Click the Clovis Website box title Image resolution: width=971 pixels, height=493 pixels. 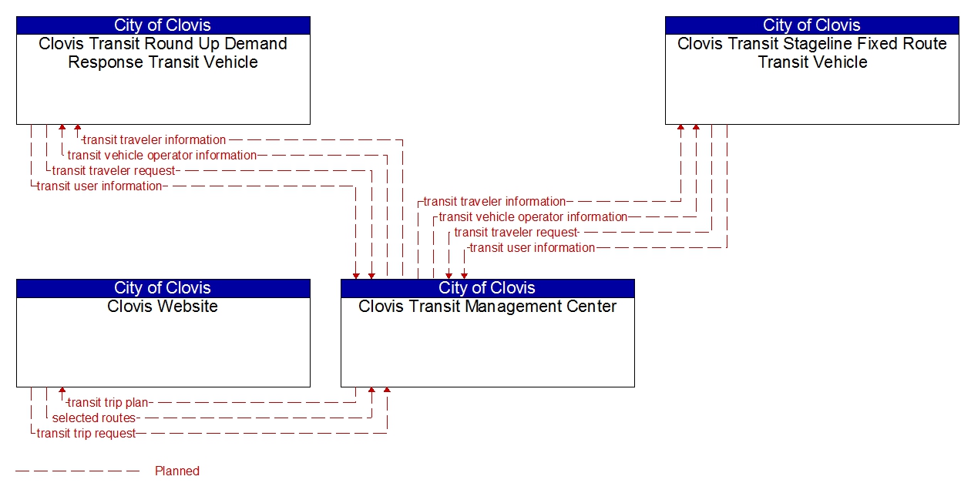[x=163, y=307]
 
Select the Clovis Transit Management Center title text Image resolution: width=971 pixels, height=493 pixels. [x=487, y=307]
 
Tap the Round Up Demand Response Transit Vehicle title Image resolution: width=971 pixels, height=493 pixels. [x=163, y=53]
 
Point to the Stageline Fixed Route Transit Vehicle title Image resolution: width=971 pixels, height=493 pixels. [x=811, y=53]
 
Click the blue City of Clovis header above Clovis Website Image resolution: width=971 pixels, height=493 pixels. [x=163, y=288]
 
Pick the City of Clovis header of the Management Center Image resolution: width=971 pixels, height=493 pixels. [x=487, y=288]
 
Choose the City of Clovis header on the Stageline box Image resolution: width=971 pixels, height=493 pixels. [x=811, y=25]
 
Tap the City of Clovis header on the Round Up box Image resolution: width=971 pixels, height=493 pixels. [x=163, y=25]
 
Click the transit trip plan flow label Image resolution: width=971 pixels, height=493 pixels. [x=109, y=402]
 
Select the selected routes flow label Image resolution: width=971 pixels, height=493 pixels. [x=94, y=418]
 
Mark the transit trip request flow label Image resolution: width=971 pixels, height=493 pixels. [x=86, y=433]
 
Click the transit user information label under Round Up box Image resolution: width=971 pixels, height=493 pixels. [x=99, y=186]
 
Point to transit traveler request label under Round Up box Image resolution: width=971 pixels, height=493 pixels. [x=114, y=170]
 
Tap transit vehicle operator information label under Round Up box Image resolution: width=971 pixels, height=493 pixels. [x=162, y=155]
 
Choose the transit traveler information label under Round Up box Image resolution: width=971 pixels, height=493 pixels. [x=154, y=139]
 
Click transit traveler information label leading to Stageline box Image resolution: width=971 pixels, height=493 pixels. [x=494, y=201]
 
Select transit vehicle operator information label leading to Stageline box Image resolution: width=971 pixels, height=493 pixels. [x=533, y=216]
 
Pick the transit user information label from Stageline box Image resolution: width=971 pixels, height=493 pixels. [x=532, y=247]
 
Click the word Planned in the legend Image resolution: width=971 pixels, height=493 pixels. [x=177, y=471]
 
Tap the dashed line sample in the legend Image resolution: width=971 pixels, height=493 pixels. [x=77, y=471]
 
